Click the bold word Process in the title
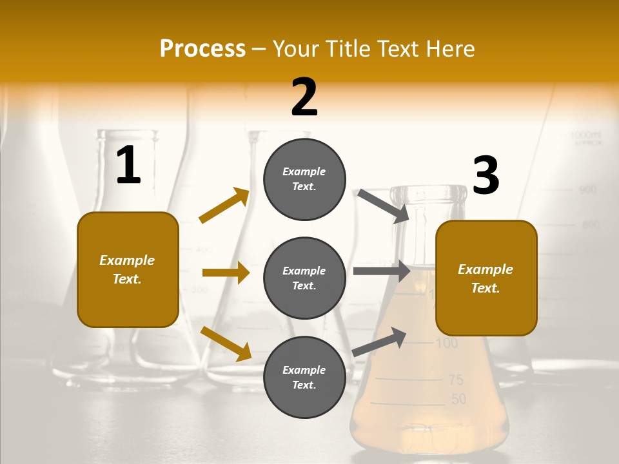point(202,48)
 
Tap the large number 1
point(128,166)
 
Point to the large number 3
point(486,176)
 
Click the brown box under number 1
point(128,269)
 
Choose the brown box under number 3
point(486,278)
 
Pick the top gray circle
point(304,179)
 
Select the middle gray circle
point(304,278)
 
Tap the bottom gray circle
point(304,377)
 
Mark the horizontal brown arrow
point(226,273)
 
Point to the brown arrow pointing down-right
point(226,343)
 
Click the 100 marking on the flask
point(446,343)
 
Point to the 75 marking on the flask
point(456,380)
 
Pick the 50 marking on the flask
point(458,400)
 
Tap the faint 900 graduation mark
point(587,190)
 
